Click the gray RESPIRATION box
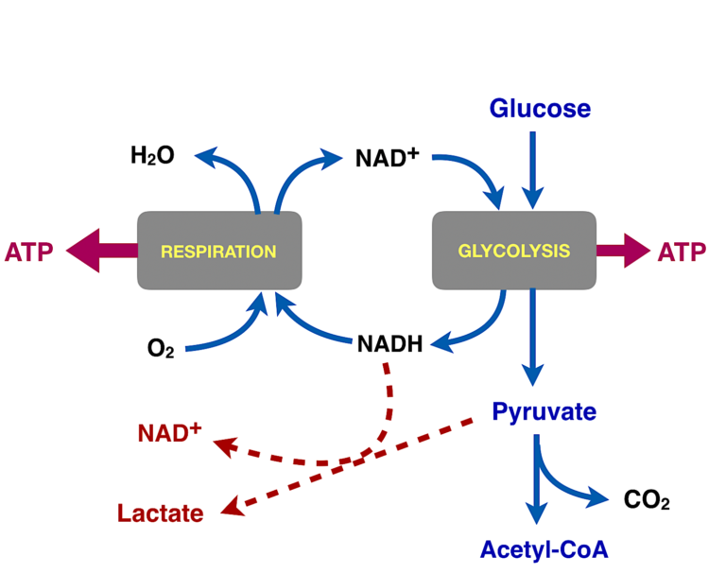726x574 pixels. click(x=219, y=251)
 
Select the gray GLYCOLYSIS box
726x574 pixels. click(x=513, y=251)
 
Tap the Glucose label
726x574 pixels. click(x=540, y=109)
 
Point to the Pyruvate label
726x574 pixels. click(x=544, y=412)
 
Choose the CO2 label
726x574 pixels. click(x=647, y=500)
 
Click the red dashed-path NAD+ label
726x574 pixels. click(x=169, y=433)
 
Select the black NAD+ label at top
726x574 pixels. click(x=387, y=157)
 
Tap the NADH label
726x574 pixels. click(x=389, y=343)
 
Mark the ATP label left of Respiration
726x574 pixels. click(x=29, y=252)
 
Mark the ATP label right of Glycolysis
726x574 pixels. click(x=682, y=252)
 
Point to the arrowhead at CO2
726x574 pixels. click(x=599, y=498)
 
